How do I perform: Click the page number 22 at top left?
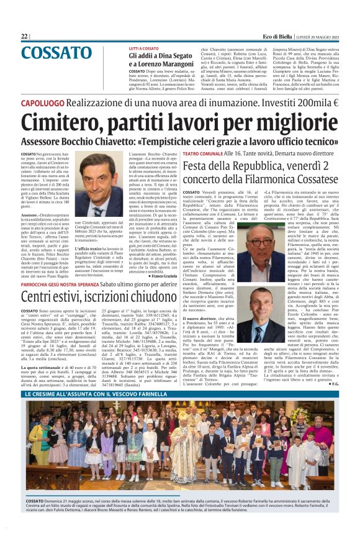pos(25,37)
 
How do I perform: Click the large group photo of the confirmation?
pos(179,439)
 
